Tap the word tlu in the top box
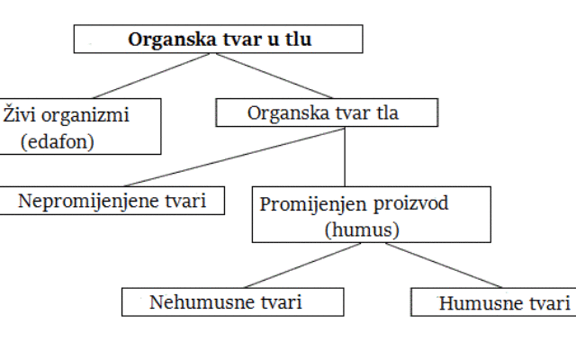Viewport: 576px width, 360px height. point(298,39)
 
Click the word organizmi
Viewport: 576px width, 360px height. point(85,116)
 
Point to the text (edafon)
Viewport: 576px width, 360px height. point(58,141)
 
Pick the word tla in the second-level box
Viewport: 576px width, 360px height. point(387,112)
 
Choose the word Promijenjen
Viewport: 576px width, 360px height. point(313,204)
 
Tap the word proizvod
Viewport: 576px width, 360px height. point(410,204)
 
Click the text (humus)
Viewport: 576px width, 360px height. point(362,229)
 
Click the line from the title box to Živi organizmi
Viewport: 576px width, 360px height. point(150,76)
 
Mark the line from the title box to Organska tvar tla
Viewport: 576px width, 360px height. point(274,76)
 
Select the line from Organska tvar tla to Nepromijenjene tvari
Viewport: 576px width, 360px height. point(234,157)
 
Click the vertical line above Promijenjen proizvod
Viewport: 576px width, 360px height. point(345,157)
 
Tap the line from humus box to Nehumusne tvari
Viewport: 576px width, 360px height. point(302,265)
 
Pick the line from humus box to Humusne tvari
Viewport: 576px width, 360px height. point(444,265)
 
